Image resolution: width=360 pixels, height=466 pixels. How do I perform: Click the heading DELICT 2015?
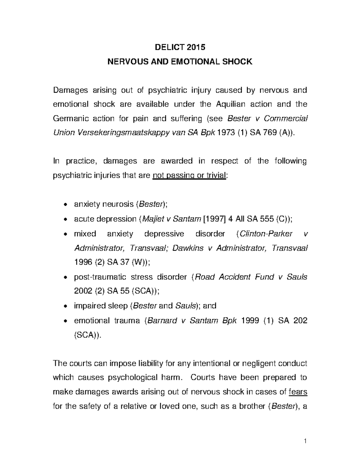pos(180,47)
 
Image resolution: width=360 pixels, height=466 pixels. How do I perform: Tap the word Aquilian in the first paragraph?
pos(230,104)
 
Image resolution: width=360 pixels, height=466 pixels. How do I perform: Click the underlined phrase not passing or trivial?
pos(189,176)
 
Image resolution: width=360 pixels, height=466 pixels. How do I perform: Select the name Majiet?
pos(151,219)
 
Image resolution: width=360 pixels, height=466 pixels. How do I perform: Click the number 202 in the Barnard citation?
pos(300,320)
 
